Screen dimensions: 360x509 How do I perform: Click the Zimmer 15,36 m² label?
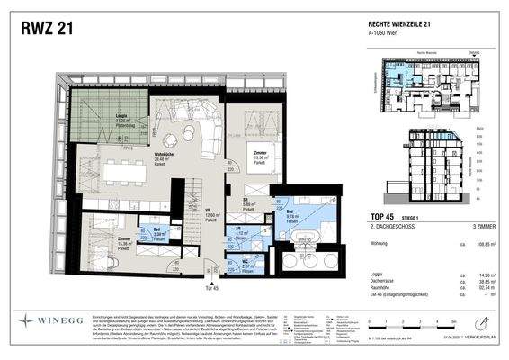click(x=100, y=242)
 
